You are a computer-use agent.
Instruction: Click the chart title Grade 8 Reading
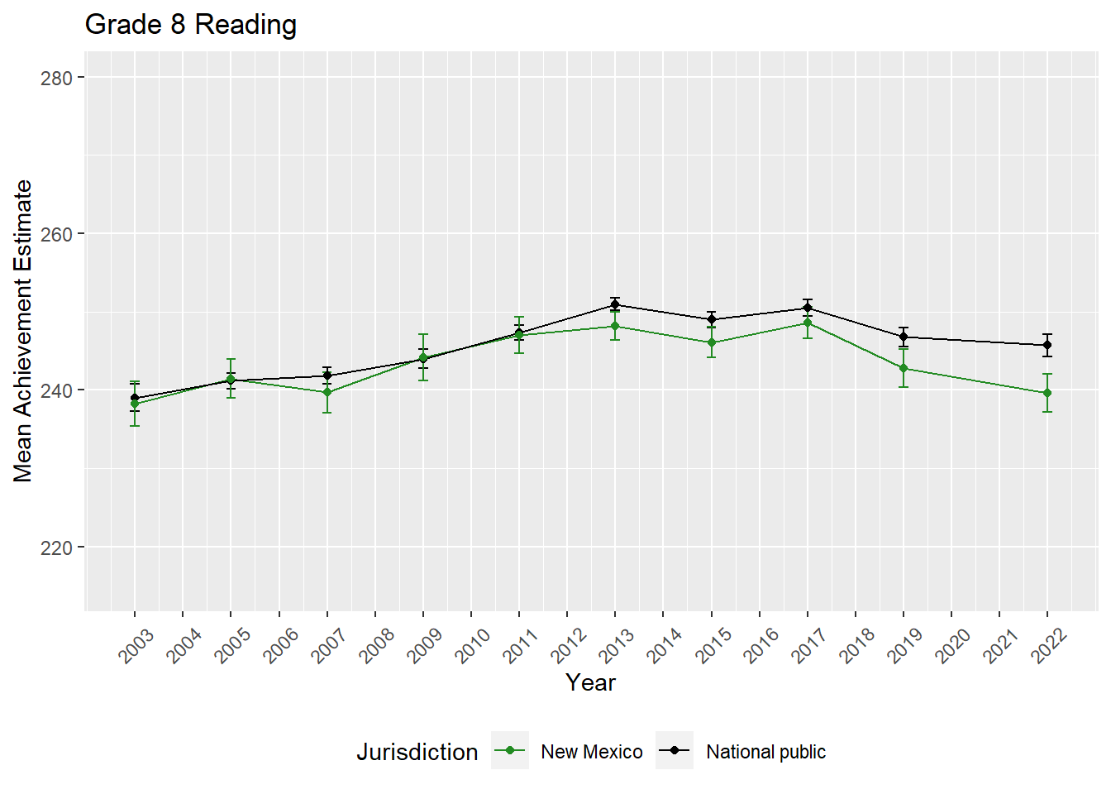click(191, 25)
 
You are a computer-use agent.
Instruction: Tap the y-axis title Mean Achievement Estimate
click(23, 331)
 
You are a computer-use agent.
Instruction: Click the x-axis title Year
click(590, 682)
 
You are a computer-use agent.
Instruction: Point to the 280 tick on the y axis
click(56, 78)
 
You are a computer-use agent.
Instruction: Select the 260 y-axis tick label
click(56, 234)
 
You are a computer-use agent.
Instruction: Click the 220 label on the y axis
click(56, 548)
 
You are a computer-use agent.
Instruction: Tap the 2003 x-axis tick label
click(136, 645)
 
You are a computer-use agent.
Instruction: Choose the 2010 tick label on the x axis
click(473, 645)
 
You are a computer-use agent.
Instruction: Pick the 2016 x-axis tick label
click(761, 645)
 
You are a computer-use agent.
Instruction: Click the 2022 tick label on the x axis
click(1049, 645)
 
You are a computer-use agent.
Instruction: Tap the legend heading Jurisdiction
click(417, 752)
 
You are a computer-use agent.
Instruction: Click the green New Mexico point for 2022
click(1047, 393)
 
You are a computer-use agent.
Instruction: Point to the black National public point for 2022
click(1047, 345)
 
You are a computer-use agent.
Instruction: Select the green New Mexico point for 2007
click(327, 392)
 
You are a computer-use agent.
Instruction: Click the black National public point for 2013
click(615, 304)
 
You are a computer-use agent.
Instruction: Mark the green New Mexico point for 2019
click(904, 368)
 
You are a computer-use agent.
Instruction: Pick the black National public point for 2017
click(808, 308)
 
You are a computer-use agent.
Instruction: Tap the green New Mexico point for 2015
click(712, 342)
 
